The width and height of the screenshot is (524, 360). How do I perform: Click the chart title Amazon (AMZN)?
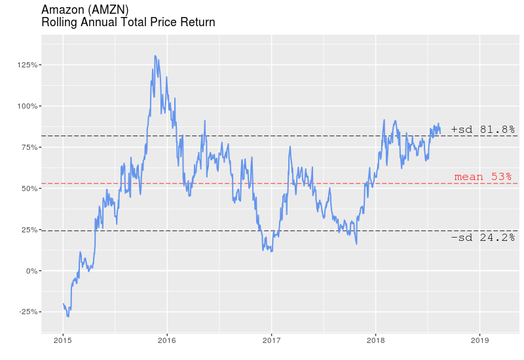point(84,9)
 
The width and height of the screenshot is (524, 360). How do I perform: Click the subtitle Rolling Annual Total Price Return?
point(128,22)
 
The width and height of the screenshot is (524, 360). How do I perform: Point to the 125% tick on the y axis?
point(29,65)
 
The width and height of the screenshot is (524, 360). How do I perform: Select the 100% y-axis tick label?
point(29,106)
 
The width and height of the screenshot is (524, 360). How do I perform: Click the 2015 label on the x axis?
point(63,340)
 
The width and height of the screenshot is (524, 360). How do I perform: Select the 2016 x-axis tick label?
point(167,340)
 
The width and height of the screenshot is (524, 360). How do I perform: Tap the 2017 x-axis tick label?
point(271,340)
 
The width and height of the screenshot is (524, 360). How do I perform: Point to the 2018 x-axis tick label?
point(375,340)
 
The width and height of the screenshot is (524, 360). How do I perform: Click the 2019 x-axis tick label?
point(479,340)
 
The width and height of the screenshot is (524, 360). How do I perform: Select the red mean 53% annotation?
point(483,177)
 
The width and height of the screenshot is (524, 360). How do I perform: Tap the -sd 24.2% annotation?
point(483,238)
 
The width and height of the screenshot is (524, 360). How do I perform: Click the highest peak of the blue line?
point(155,56)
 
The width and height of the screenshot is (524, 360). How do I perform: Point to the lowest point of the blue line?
point(68,317)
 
